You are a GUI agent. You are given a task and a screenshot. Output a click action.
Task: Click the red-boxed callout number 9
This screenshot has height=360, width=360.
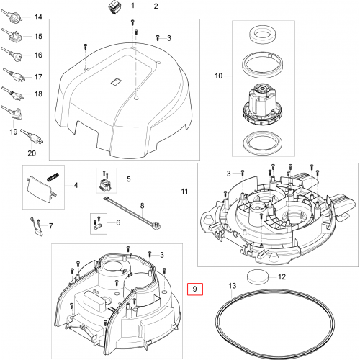[x=195, y=289]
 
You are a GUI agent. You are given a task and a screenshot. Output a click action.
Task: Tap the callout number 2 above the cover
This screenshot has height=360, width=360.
[x=156, y=6]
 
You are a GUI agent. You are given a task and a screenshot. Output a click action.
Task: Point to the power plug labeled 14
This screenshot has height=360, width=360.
[x=12, y=17]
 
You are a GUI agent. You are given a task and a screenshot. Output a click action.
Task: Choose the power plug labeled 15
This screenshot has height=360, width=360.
[x=12, y=35]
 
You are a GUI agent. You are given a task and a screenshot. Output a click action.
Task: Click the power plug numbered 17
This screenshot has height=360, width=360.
[x=14, y=75]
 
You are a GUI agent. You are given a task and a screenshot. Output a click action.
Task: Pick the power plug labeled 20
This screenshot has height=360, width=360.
[x=32, y=136]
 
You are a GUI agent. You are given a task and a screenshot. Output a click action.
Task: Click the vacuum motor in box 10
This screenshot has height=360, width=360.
[x=262, y=104]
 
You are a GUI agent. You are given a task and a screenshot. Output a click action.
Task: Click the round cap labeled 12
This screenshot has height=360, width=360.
[x=257, y=277]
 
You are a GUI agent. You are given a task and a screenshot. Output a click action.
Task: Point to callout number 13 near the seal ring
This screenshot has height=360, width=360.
[x=233, y=286]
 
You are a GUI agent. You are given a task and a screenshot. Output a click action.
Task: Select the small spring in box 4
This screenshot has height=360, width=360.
[x=53, y=177]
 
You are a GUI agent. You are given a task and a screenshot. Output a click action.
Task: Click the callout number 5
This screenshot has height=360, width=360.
[x=129, y=179]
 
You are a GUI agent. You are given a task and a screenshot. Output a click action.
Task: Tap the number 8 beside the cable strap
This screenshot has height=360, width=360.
[x=143, y=206]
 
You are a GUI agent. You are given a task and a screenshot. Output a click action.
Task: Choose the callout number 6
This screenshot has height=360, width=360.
[x=118, y=222]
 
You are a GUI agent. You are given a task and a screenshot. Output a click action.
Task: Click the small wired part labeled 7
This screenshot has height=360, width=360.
[x=37, y=227]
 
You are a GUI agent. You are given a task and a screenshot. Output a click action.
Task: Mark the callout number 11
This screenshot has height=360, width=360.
[x=184, y=192]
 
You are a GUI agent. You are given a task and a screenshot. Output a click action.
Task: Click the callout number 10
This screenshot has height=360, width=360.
[x=219, y=76]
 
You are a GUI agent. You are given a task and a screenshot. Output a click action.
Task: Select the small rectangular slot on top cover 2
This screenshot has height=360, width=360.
[x=117, y=81]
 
